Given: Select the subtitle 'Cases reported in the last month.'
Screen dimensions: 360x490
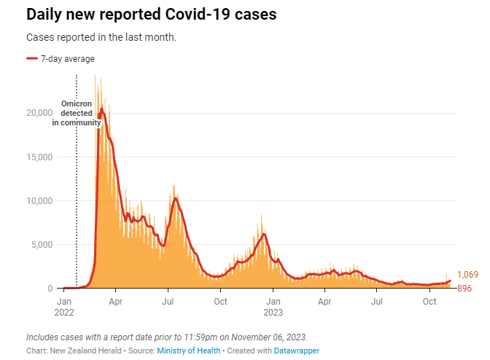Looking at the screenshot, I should (101, 37).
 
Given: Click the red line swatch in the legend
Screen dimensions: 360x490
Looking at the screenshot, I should (31, 59).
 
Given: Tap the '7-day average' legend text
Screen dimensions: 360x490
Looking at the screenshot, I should (67, 59).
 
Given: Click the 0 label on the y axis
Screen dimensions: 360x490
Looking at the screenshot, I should (50, 288).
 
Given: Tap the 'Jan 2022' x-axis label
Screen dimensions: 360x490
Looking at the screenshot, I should (64, 306).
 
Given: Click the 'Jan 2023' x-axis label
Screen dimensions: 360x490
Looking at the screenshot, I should (273, 306).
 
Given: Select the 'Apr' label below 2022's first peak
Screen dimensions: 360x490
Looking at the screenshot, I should (115, 300).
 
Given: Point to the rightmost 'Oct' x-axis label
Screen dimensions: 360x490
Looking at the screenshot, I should (429, 300).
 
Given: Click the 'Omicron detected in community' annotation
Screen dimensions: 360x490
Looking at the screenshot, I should (77, 114).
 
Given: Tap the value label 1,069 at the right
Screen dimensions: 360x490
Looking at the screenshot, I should (467, 275).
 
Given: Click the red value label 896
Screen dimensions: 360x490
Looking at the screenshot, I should (464, 289).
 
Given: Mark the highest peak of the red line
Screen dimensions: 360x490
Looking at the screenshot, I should (102, 109).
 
